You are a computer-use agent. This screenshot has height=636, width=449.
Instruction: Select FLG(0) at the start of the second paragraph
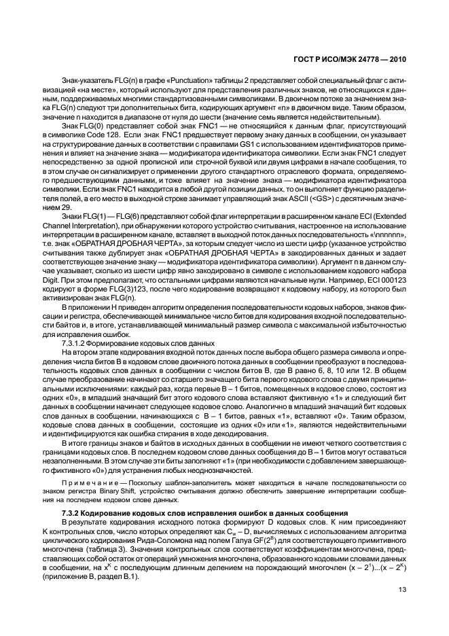(x=85, y=126)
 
